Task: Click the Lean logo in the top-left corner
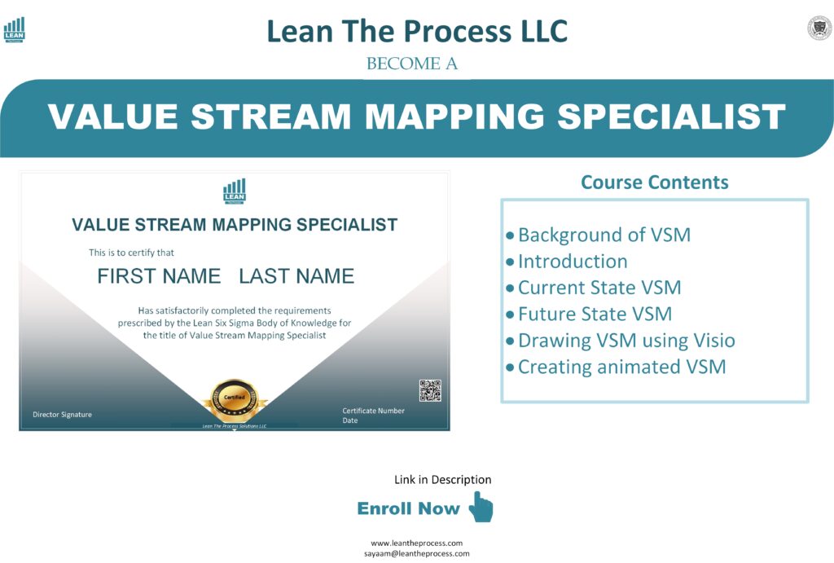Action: coord(14,29)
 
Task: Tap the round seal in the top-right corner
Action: coord(819,28)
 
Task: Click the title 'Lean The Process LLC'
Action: coord(417,32)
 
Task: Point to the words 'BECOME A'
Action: coord(412,64)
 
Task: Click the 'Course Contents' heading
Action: coord(654,182)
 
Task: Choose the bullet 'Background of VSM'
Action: coord(604,235)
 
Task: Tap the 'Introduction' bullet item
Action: coord(573,262)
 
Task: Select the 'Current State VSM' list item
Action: coord(599,288)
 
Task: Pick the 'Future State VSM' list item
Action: coord(595,314)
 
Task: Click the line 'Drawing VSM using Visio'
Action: coord(626,341)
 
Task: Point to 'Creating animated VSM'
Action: coord(621,367)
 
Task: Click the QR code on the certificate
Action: coord(430,390)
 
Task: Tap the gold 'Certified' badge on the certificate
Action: coord(235,398)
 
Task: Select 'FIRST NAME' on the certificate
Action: coord(159,276)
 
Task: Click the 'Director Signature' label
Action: coord(62,415)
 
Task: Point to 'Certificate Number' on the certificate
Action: coord(373,411)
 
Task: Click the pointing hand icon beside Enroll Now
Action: coord(481,507)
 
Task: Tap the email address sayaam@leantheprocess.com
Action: coord(417,553)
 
